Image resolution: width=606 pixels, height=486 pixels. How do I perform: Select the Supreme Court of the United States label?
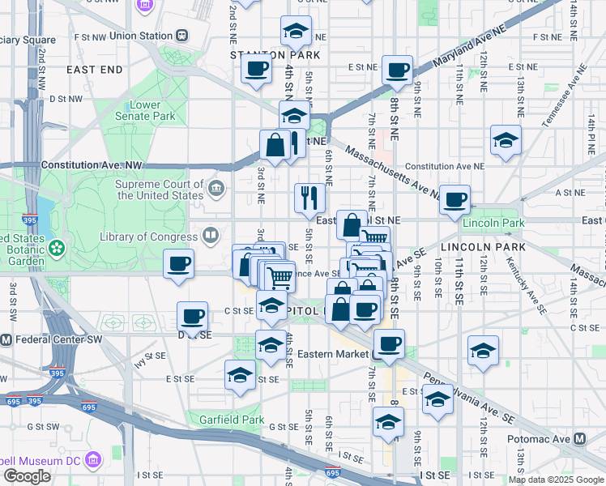pos(160,190)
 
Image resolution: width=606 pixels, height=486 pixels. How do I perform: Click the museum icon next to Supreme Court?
pos(216,190)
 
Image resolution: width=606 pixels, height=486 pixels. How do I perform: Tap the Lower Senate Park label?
pos(151,110)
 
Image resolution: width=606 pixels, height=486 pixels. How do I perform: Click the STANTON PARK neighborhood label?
pos(275,55)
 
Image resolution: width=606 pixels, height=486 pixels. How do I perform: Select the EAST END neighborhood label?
pos(95,70)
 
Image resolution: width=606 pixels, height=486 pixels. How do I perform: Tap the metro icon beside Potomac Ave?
pos(579,438)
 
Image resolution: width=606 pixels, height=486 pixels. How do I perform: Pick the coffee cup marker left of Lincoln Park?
pos(455,198)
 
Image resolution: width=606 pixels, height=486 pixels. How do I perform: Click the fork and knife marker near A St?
pos(309,198)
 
